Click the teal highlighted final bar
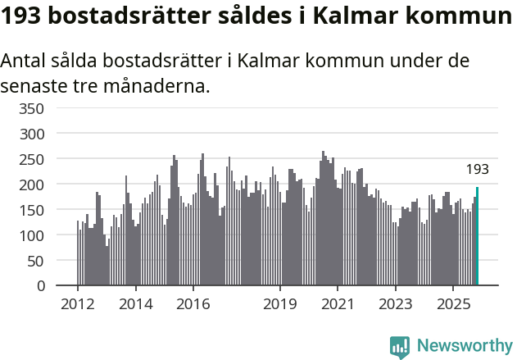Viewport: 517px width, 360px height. click(x=477, y=237)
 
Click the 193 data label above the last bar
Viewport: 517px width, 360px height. click(x=477, y=170)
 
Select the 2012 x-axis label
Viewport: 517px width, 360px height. click(x=78, y=304)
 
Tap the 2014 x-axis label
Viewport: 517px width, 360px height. click(x=136, y=304)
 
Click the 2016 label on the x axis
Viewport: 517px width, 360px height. click(x=193, y=304)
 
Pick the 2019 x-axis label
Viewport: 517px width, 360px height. click(x=280, y=304)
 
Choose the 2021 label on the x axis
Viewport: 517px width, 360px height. click(x=338, y=304)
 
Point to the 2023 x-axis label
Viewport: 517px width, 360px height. click(x=396, y=304)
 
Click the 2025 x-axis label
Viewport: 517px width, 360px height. click(x=453, y=304)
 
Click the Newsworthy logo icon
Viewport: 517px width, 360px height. click(x=400, y=347)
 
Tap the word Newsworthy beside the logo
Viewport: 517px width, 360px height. click(x=464, y=347)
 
